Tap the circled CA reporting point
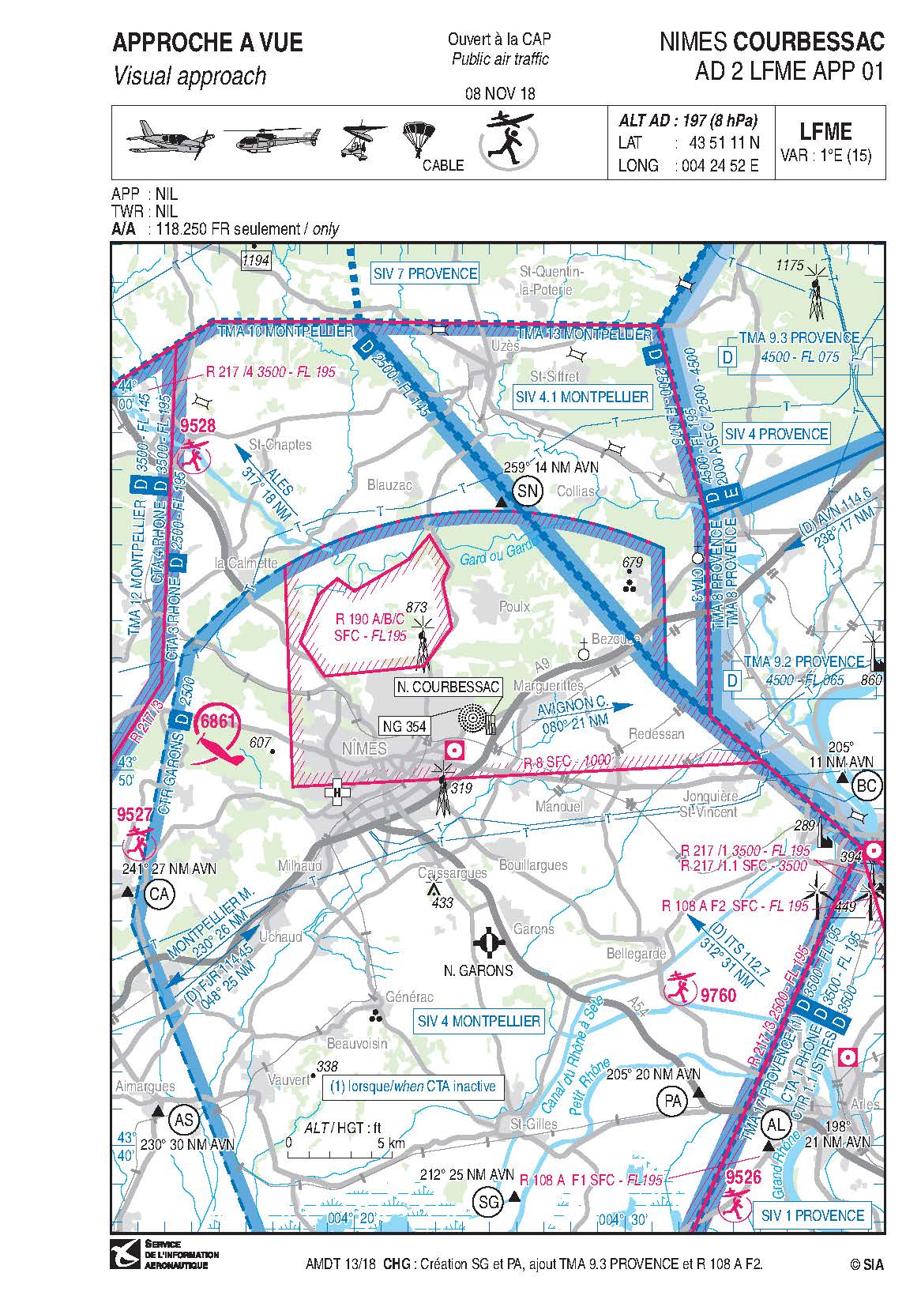160,894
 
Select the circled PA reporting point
673,1101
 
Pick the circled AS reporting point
184,1120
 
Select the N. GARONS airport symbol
488,942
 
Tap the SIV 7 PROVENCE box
425,273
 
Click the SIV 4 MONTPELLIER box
479,1021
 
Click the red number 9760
717,994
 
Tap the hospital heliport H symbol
337,792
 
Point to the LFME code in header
825,131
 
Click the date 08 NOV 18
500,93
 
